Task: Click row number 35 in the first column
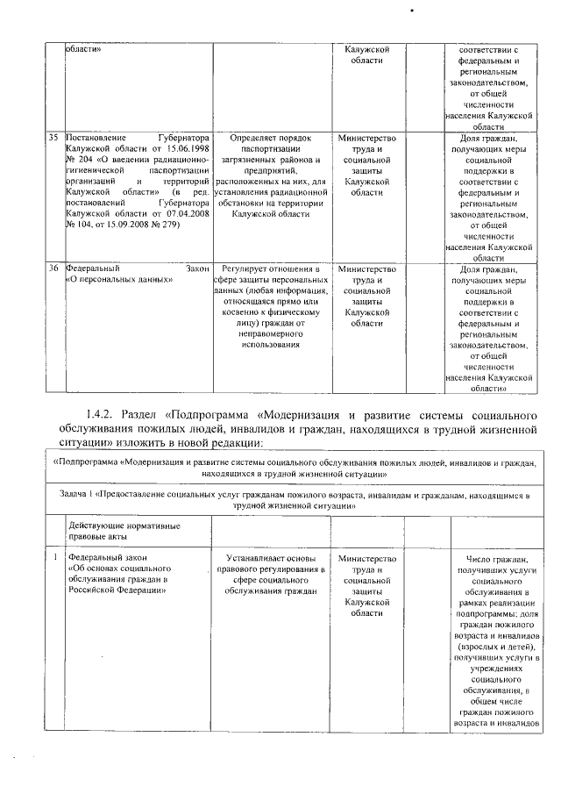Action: coord(53,139)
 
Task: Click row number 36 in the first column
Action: coord(53,268)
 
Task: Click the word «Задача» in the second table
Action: coord(74,495)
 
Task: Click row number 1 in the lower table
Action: coord(54,557)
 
